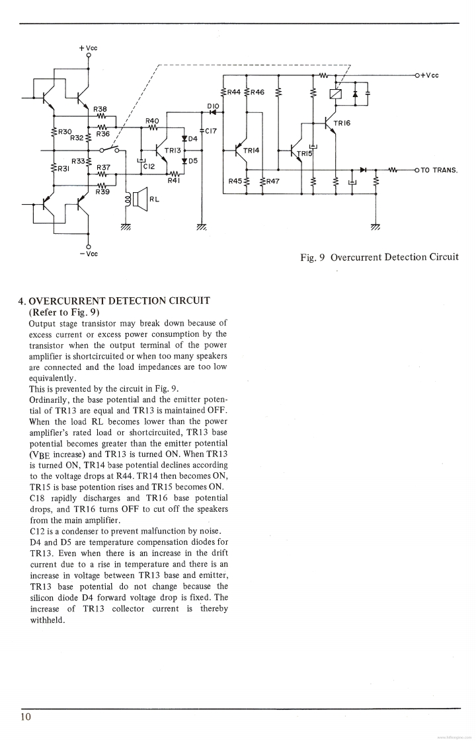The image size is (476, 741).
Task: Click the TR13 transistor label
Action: [173, 151]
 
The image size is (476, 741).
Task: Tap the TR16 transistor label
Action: [342, 123]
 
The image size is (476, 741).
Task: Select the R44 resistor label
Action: [233, 92]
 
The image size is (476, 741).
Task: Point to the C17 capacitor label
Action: [211, 131]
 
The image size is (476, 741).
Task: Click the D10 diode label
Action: [213, 105]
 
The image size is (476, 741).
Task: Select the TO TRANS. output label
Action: [440, 170]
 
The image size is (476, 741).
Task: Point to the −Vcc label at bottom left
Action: [89, 254]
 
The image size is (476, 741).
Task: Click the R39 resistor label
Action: [102, 192]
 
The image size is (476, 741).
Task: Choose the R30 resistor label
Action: [65, 132]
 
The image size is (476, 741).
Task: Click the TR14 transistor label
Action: [252, 151]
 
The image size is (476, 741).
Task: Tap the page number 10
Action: [26, 717]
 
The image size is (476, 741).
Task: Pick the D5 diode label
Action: [194, 160]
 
